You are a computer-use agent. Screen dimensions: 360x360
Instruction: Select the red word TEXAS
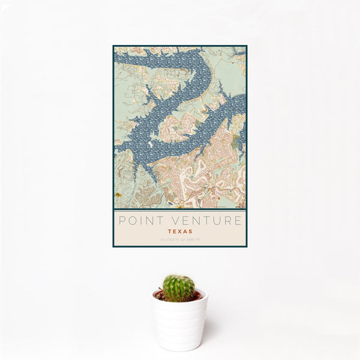coord(179,230)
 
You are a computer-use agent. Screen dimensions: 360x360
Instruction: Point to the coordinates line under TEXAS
coord(179,239)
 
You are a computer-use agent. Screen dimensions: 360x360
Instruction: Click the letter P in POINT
coord(122,220)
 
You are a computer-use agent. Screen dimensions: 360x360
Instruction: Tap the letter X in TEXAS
coord(179,230)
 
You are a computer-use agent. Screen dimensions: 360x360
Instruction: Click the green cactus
coord(179,288)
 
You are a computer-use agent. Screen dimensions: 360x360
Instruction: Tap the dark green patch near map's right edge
coord(237,140)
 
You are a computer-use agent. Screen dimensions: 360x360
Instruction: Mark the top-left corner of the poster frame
coord(113,46)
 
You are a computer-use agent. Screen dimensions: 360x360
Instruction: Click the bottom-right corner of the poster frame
coord(246,247)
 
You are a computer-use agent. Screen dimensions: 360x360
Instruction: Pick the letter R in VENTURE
coord(226,220)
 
